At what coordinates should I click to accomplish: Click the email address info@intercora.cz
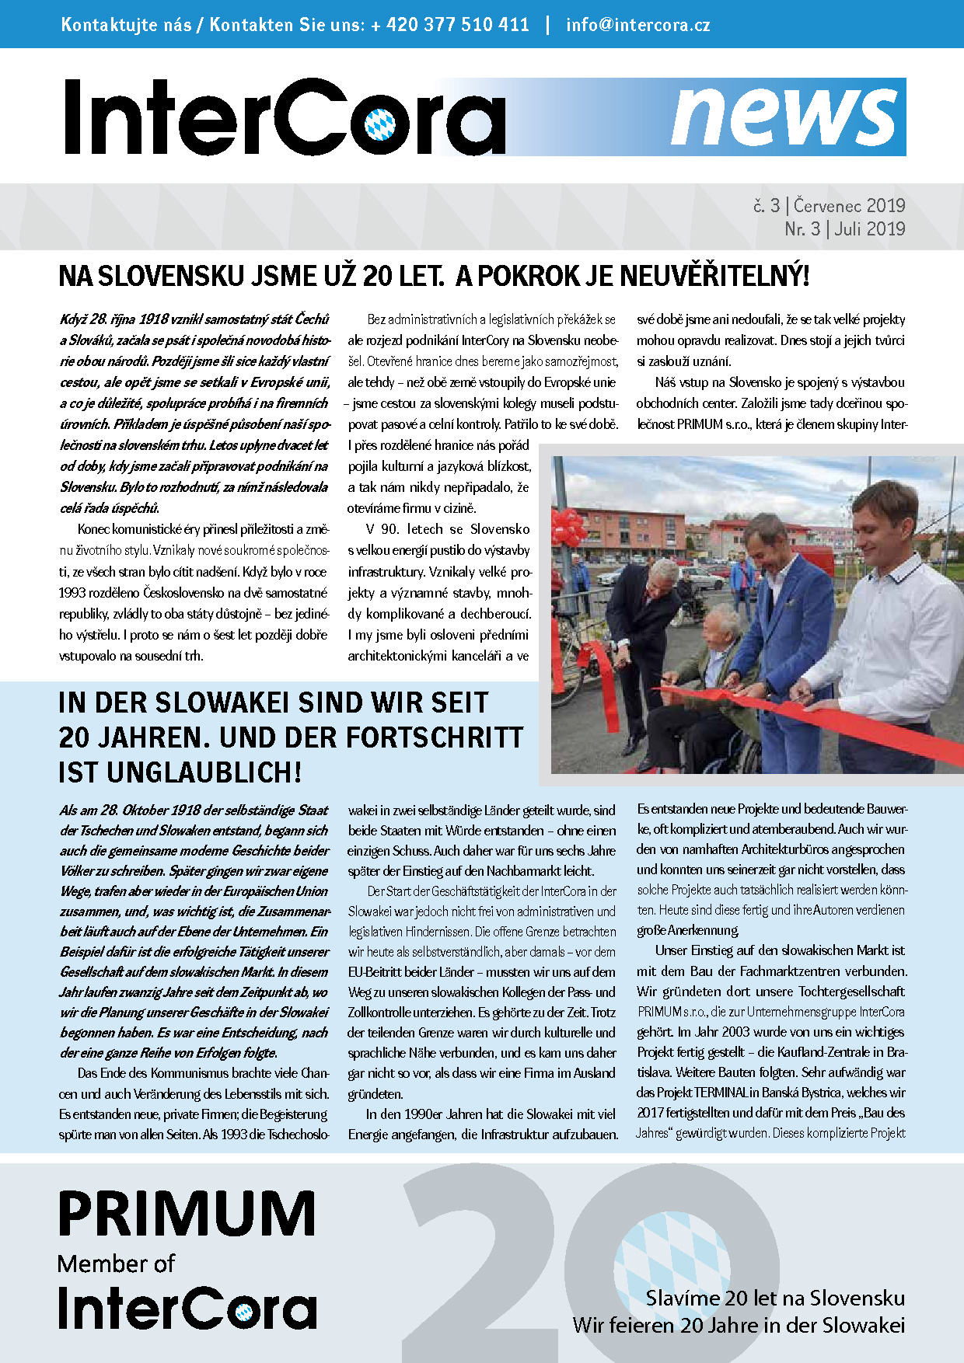(637, 24)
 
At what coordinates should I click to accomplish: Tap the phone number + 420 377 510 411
(450, 24)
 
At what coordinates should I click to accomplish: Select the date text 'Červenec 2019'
(849, 206)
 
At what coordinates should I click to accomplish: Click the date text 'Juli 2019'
(870, 229)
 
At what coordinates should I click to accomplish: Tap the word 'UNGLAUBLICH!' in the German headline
(204, 772)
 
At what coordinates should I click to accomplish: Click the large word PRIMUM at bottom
(187, 1215)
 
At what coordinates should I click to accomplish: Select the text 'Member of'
(116, 1264)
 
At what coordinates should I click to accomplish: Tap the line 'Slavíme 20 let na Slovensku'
(775, 1298)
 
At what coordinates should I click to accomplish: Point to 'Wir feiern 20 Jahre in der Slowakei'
(739, 1325)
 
